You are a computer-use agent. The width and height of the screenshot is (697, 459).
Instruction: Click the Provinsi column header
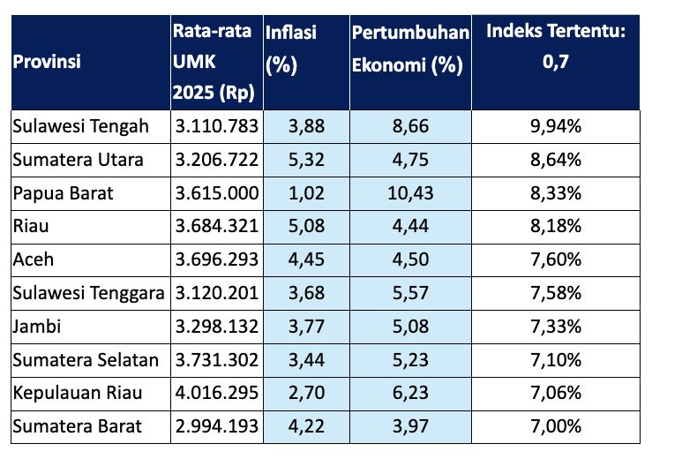tap(47, 64)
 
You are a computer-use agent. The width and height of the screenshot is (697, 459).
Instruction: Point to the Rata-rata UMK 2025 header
tap(215, 63)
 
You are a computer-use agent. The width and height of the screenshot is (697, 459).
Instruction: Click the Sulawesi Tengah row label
tap(80, 126)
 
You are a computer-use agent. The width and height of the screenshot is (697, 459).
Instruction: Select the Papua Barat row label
tap(64, 193)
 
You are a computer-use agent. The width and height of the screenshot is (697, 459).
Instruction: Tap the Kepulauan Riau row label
tap(77, 392)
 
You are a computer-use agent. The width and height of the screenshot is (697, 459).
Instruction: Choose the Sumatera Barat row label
tap(77, 425)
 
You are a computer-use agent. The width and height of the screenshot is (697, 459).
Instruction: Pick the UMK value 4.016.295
tap(216, 392)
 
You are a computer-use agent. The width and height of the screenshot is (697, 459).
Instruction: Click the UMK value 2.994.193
tap(216, 425)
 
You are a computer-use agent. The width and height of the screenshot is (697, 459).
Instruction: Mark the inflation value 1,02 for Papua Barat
tap(306, 193)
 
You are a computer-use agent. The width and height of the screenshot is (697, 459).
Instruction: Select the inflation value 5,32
tap(306, 160)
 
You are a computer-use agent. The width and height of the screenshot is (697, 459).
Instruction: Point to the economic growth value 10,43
tap(410, 193)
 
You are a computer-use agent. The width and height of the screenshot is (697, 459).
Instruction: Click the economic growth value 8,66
tap(410, 126)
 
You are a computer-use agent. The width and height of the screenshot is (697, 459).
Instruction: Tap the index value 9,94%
tap(555, 126)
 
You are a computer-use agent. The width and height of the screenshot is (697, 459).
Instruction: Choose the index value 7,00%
tap(555, 425)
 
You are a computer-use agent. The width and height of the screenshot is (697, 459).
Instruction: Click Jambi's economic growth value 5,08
tap(410, 326)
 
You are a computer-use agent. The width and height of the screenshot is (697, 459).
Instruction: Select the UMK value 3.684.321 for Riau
tap(216, 226)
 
